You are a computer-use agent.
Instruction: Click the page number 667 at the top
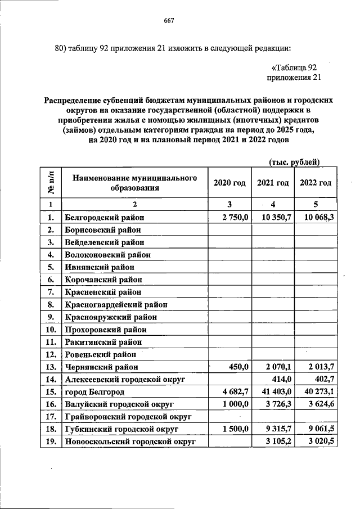point(169,21)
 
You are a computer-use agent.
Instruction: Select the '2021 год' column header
point(273,183)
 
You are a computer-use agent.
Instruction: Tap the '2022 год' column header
point(316,183)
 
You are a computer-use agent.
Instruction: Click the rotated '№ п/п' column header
point(50,183)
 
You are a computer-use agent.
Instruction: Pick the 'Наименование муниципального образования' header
point(134,183)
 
